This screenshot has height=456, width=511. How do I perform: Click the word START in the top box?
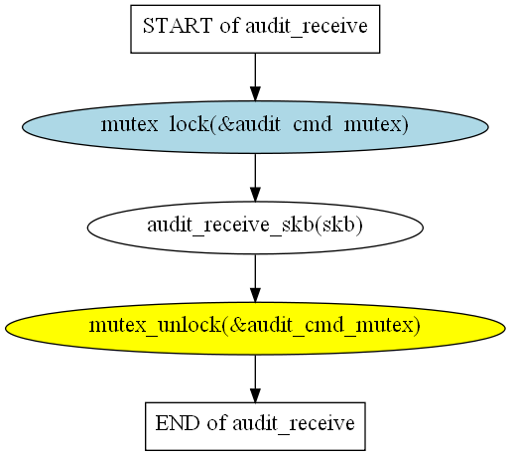[178, 26]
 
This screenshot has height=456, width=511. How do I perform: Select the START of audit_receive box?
[255, 29]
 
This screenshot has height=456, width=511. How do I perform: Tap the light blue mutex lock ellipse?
[255, 127]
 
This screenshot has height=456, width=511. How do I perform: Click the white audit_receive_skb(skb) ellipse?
[255, 228]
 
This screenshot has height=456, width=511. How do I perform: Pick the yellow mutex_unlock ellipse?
[255, 328]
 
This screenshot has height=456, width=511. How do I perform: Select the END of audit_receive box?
[255, 426]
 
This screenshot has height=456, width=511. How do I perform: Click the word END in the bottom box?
[178, 423]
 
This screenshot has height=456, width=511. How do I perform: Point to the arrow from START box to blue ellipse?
[255, 76]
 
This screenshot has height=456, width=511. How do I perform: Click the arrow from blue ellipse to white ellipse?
[255, 178]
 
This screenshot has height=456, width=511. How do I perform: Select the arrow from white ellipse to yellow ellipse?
[255, 278]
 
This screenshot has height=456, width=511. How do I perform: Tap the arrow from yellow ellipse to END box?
[255, 379]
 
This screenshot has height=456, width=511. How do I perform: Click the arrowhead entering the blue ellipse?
[255, 93]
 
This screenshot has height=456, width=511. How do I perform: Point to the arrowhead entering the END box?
[255, 395]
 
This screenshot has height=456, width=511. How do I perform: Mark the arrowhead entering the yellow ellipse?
[255, 295]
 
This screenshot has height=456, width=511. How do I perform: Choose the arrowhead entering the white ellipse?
[255, 194]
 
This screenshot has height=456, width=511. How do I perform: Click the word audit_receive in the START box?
[307, 26]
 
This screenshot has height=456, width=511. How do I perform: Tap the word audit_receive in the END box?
[294, 423]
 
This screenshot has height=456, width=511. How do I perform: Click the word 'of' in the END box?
[216, 423]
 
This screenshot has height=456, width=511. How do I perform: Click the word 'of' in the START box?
[229, 26]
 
